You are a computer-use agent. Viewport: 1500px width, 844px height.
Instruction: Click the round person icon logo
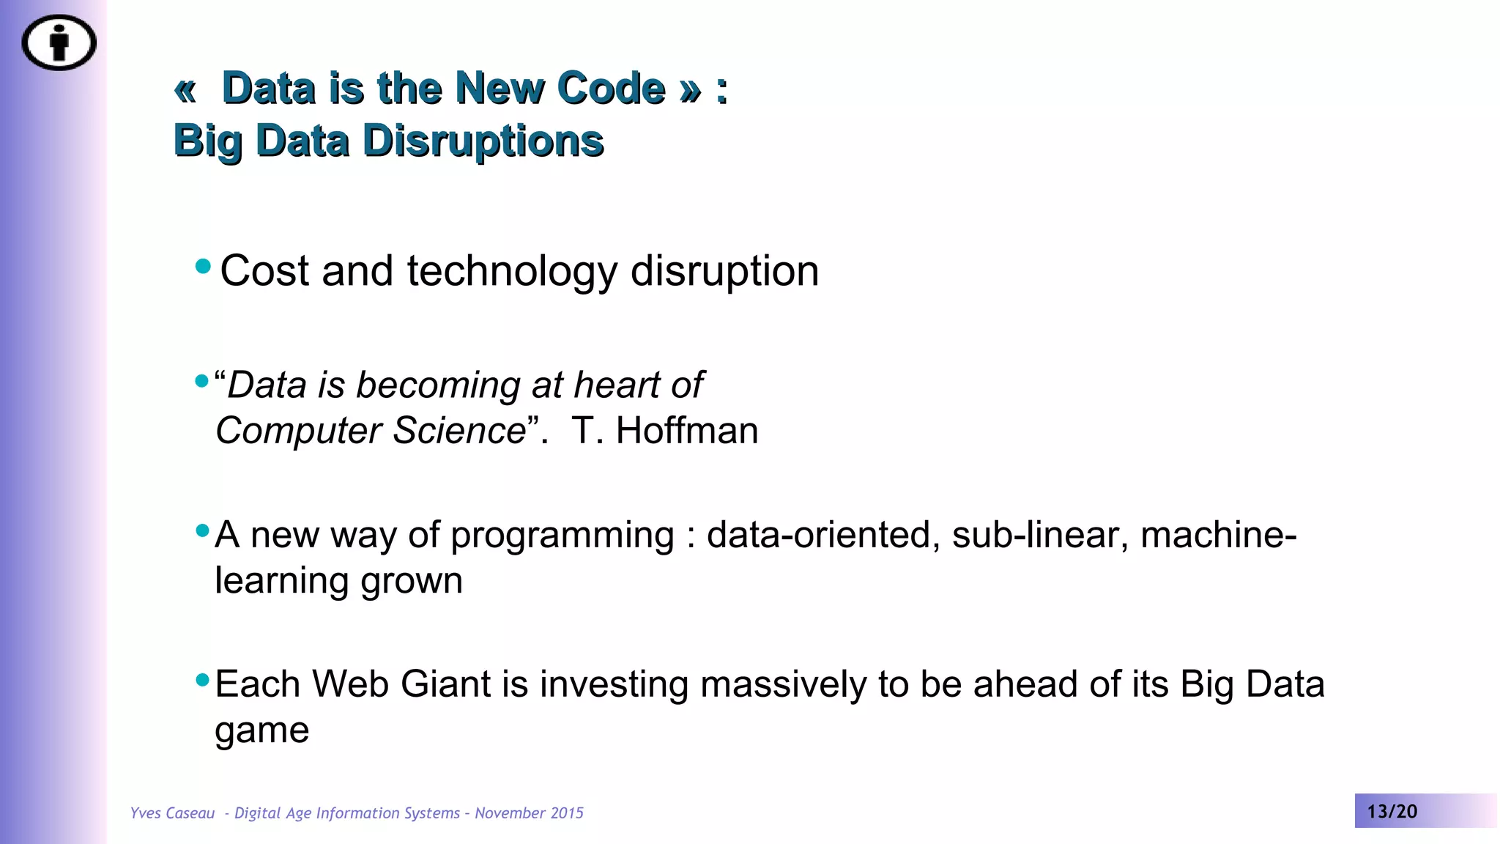[59, 42]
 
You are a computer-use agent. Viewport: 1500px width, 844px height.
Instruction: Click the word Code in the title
[611, 89]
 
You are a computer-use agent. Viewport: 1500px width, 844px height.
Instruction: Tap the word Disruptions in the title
[483, 141]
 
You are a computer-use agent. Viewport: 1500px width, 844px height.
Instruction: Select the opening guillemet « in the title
[185, 90]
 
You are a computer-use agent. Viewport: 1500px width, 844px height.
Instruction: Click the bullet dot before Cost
[203, 266]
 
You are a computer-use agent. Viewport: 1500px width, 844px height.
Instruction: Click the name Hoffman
[686, 430]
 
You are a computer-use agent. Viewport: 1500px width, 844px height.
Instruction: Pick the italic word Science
[459, 430]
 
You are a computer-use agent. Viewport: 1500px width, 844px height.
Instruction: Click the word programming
[562, 535]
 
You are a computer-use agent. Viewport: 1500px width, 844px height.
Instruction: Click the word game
[261, 730]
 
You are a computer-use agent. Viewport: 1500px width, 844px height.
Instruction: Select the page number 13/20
[1392, 812]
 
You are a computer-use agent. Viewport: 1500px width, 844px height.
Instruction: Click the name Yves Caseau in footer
[172, 813]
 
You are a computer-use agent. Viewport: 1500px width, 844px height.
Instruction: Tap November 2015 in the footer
[529, 813]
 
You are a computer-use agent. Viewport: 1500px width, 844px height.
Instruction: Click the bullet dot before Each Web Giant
[203, 680]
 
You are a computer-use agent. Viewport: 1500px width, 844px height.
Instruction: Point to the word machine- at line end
[1217, 535]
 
